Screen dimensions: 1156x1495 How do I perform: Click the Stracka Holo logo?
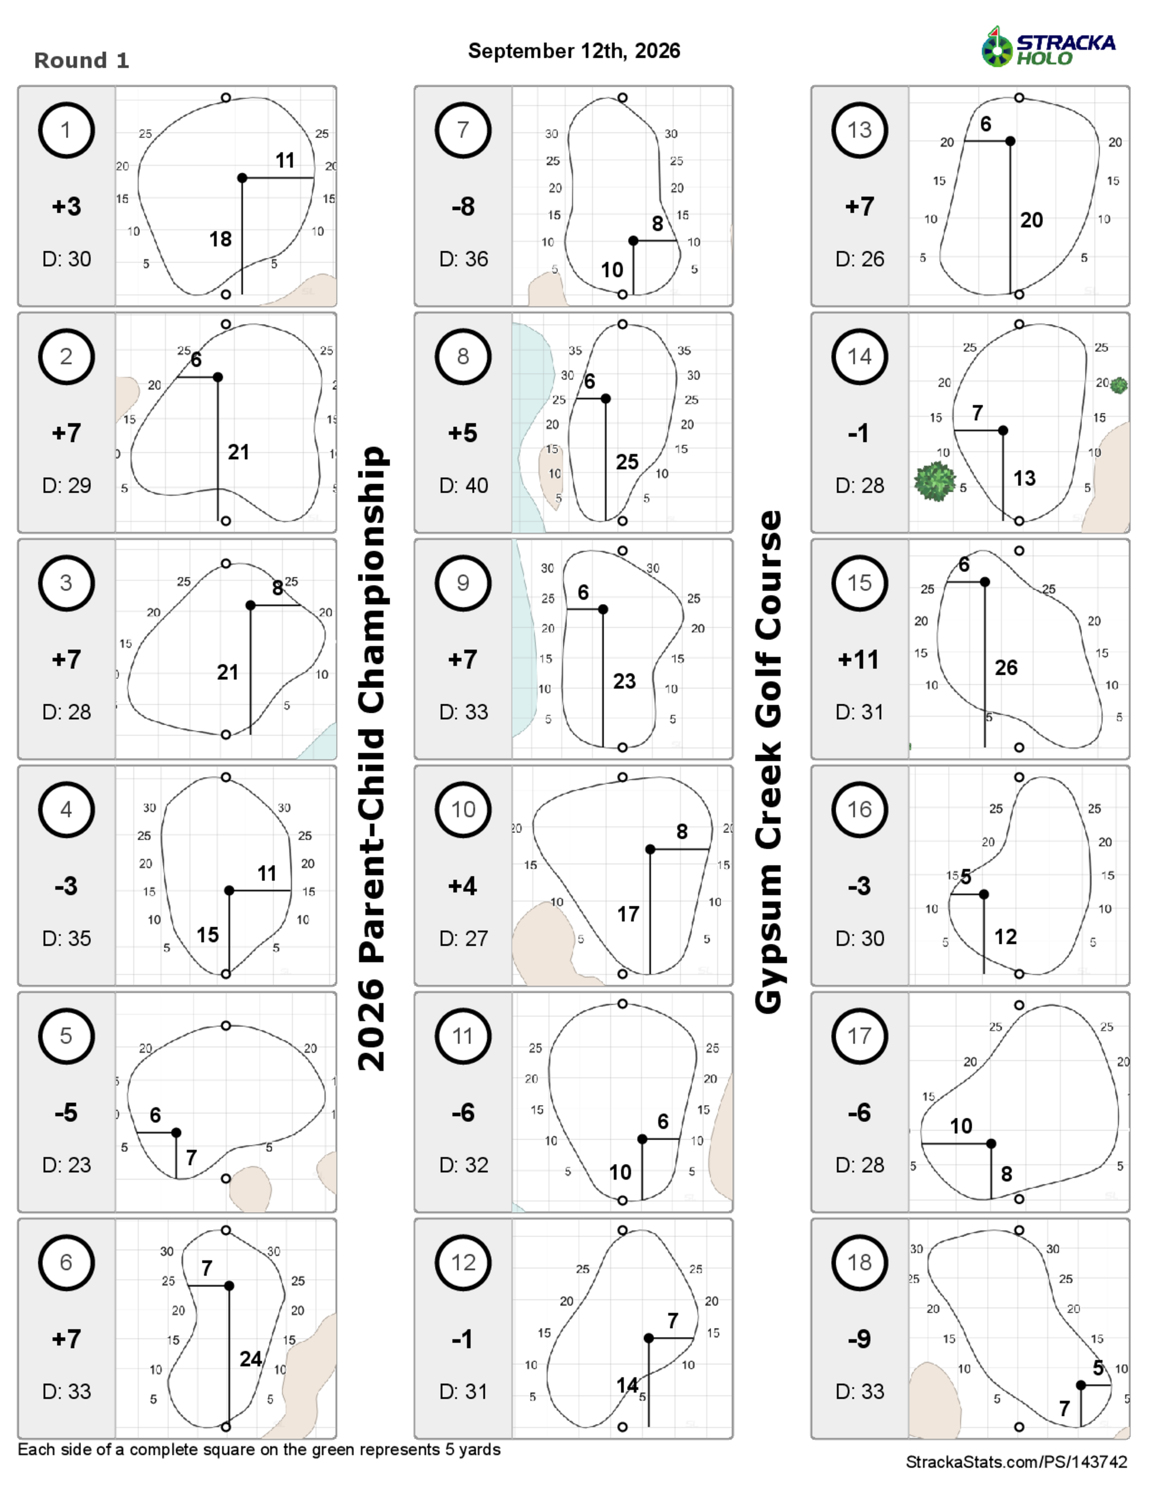pyautogui.click(x=1048, y=47)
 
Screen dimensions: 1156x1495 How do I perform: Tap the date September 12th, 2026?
pyautogui.click(x=574, y=51)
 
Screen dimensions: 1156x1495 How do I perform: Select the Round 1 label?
pyautogui.click(x=81, y=60)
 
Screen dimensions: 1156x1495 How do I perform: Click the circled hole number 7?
pyautogui.click(x=463, y=130)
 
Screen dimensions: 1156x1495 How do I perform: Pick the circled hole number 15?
pyautogui.click(x=859, y=583)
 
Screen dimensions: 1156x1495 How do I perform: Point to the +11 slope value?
pyautogui.click(x=858, y=659)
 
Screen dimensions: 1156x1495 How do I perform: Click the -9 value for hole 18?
pyautogui.click(x=859, y=1338)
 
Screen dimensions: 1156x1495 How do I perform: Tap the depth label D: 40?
pyautogui.click(x=464, y=485)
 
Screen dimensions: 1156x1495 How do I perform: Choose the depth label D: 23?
pyautogui.click(x=66, y=1165)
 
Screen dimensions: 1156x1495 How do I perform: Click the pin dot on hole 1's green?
pyautogui.click(x=242, y=178)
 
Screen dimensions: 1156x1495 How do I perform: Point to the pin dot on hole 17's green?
pyautogui.click(x=991, y=1144)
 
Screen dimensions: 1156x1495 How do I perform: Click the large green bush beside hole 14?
pyautogui.click(x=935, y=481)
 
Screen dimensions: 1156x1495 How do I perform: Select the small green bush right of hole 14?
pyautogui.click(x=1118, y=385)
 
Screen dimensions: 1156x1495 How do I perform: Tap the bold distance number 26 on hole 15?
pyautogui.click(x=1006, y=667)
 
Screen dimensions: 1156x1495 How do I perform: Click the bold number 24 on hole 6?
pyautogui.click(x=251, y=1359)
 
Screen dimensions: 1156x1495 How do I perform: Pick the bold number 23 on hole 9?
pyautogui.click(x=624, y=681)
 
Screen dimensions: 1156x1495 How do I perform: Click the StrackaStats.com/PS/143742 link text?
pyautogui.click(x=1016, y=1462)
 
